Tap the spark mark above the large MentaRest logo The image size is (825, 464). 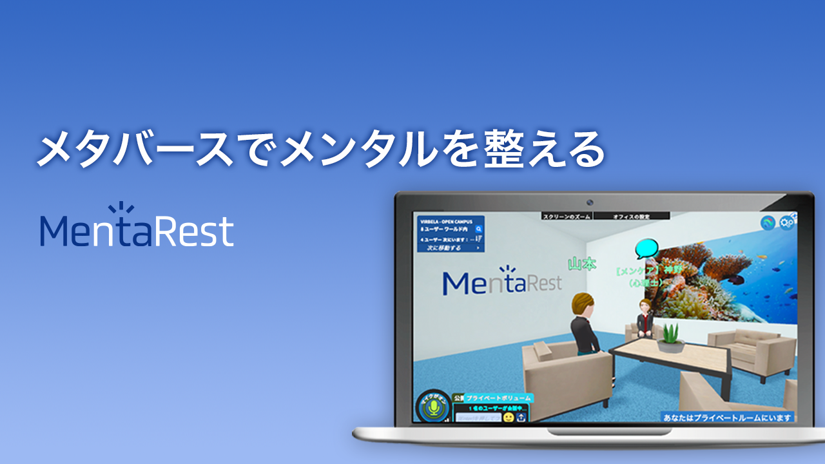[119, 208]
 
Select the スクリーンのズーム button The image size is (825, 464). [567, 217]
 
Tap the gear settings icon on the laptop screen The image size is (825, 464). [786, 223]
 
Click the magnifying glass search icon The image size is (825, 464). [479, 229]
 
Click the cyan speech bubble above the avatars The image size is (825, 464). [646, 249]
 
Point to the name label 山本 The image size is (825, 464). [582, 264]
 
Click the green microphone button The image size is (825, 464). [434, 408]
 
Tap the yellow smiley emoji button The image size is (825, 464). [509, 418]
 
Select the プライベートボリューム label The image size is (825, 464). [499, 398]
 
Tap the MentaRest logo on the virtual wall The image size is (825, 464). [502, 282]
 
